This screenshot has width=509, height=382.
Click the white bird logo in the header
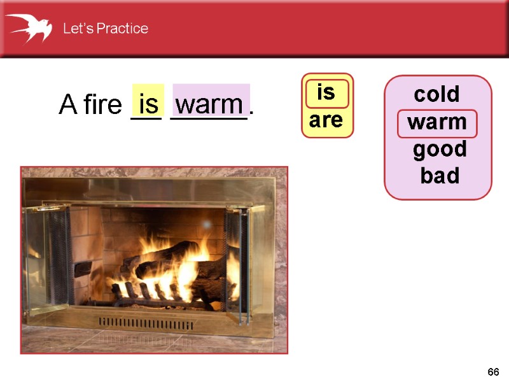(x=29, y=27)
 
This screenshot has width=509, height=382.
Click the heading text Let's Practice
(x=105, y=29)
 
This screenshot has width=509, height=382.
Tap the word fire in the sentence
(x=102, y=105)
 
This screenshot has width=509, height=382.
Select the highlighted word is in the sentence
(x=148, y=103)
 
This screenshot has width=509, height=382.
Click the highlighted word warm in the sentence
(x=209, y=104)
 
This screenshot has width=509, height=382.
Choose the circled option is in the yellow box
(x=326, y=93)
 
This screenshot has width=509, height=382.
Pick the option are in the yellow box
(x=326, y=120)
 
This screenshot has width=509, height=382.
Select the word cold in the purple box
(x=436, y=94)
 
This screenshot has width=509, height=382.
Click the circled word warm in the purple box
(x=437, y=122)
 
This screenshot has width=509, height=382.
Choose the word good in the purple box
(x=440, y=150)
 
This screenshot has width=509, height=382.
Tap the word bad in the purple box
(x=440, y=176)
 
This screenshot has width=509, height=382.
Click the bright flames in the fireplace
(x=185, y=267)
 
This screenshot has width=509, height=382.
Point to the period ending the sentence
(x=252, y=113)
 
